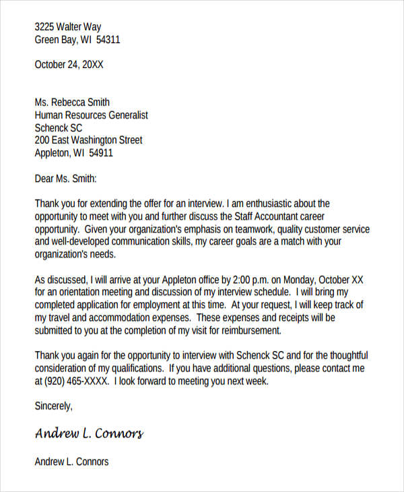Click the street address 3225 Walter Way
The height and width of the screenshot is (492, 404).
[68, 27]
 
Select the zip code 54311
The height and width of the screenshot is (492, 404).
[108, 39]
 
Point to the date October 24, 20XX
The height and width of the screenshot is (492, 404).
[69, 65]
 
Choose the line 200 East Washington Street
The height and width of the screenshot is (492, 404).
[88, 140]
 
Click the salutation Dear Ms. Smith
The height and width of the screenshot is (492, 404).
[65, 179]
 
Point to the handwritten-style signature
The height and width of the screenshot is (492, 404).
[89, 433]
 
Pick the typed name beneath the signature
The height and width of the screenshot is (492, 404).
[71, 462]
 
